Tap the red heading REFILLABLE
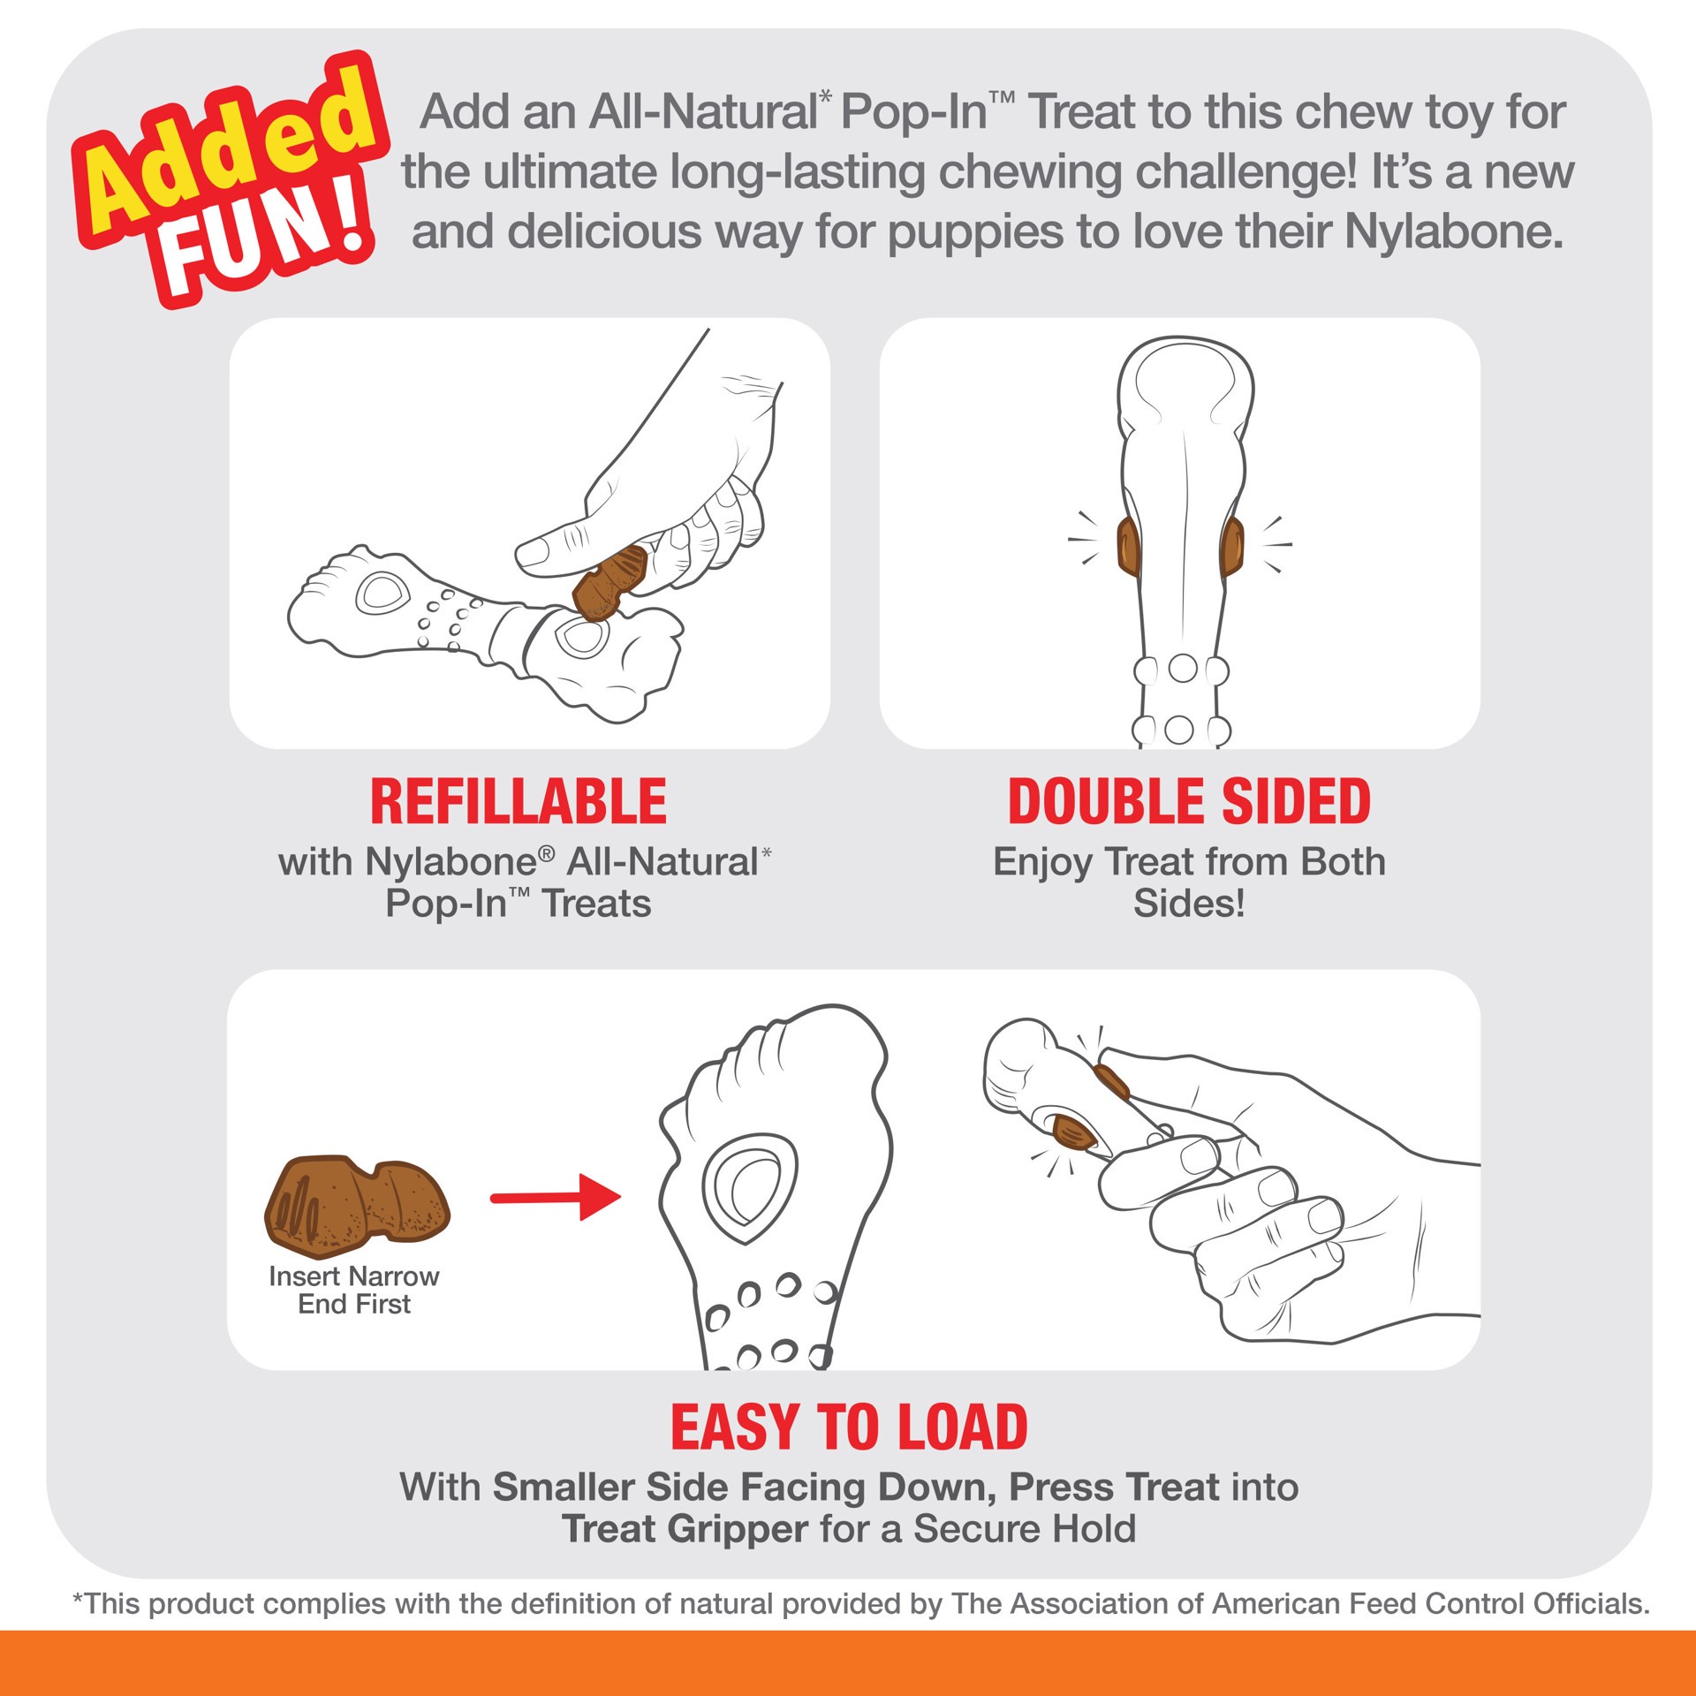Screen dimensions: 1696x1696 519,802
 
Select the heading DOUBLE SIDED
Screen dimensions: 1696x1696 1189,802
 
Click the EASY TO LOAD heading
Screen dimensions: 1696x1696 849,1427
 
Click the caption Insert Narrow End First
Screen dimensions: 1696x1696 354,1290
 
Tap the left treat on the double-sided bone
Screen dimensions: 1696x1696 1128,545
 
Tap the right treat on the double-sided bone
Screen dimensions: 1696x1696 1231,545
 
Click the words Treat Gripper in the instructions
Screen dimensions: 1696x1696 685,1529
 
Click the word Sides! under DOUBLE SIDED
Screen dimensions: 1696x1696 1189,903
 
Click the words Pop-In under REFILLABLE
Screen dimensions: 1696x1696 446,904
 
